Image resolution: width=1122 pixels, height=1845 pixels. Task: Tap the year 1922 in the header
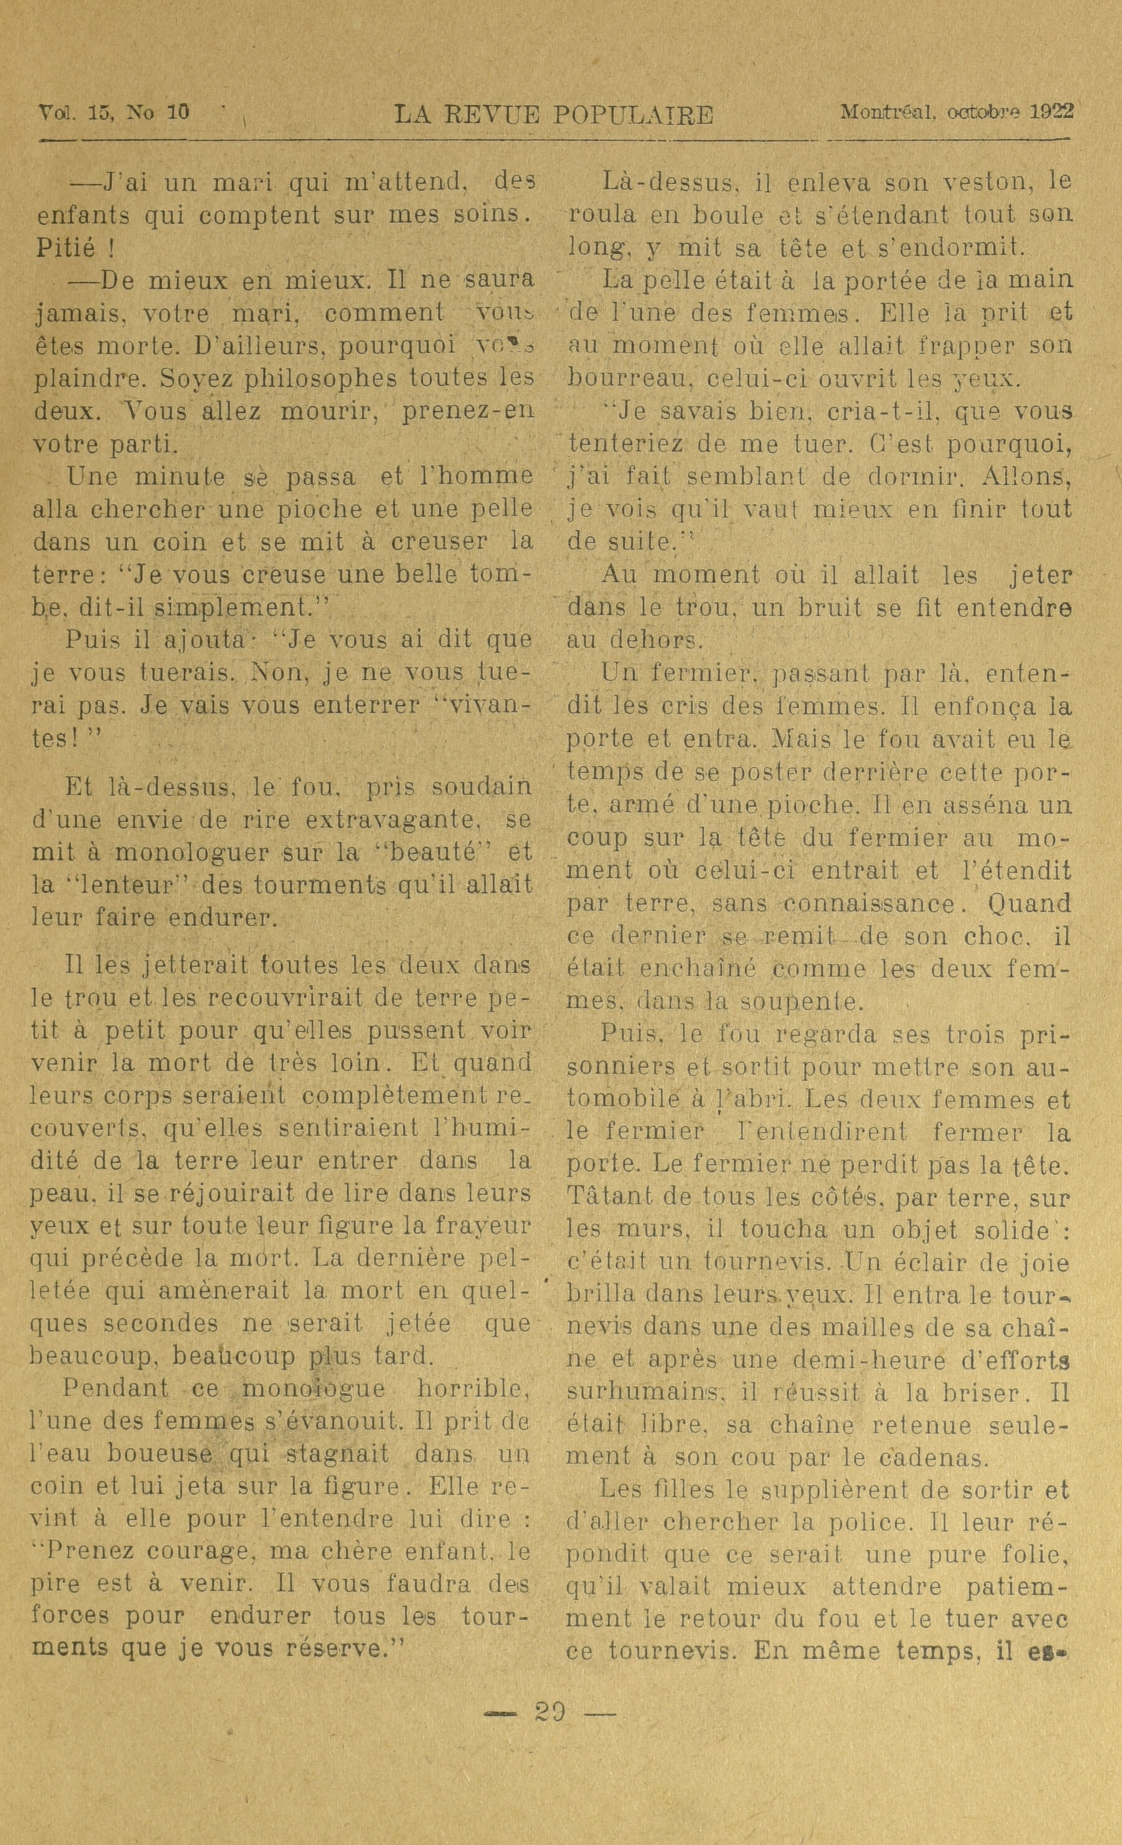click(1052, 111)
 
